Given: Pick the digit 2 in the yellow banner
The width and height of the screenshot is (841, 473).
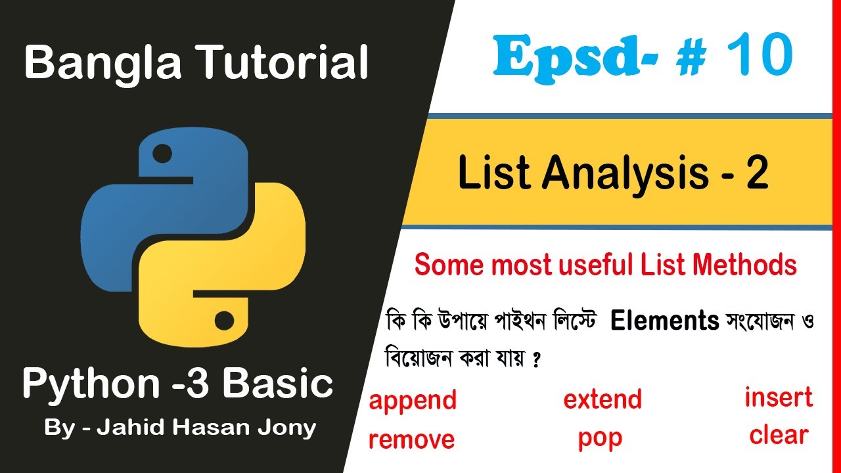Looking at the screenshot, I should point(757,175).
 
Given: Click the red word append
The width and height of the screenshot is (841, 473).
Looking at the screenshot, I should point(413,400).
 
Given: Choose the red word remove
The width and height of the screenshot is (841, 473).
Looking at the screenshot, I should point(411,439).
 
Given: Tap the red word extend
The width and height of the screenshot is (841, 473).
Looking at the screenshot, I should point(602,399).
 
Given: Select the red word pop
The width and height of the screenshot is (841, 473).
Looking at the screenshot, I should point(600,439).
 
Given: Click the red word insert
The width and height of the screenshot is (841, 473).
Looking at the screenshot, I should point(779,397).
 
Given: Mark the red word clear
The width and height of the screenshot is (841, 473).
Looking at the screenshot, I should point(779,435).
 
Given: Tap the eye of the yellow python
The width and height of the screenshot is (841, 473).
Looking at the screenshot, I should point(224,321).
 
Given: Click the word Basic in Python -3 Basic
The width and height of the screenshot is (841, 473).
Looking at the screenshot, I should point(284,384).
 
